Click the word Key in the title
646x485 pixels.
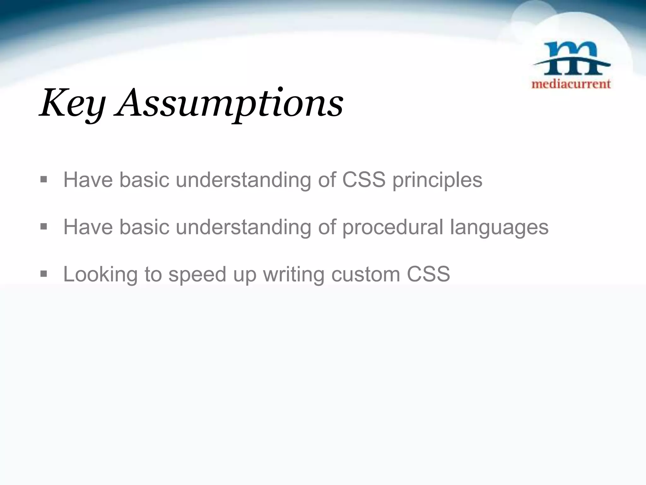(72, 104)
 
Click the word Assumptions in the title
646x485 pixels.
(230, 104)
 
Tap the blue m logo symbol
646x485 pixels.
(571, 59)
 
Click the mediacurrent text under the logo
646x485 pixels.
(571, 84)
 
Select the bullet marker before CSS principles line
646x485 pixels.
(44, 180)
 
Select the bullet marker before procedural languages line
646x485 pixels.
(44, 227)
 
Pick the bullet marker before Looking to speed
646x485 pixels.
(44, 274)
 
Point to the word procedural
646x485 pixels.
(393, 227)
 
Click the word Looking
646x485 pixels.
(100, 274)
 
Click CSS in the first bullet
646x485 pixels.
(364, 180)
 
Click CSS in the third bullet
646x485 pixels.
(428, 274)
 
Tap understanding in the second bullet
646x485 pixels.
(243, 227)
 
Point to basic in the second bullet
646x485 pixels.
(144, 227)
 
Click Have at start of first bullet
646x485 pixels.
(88, 180)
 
